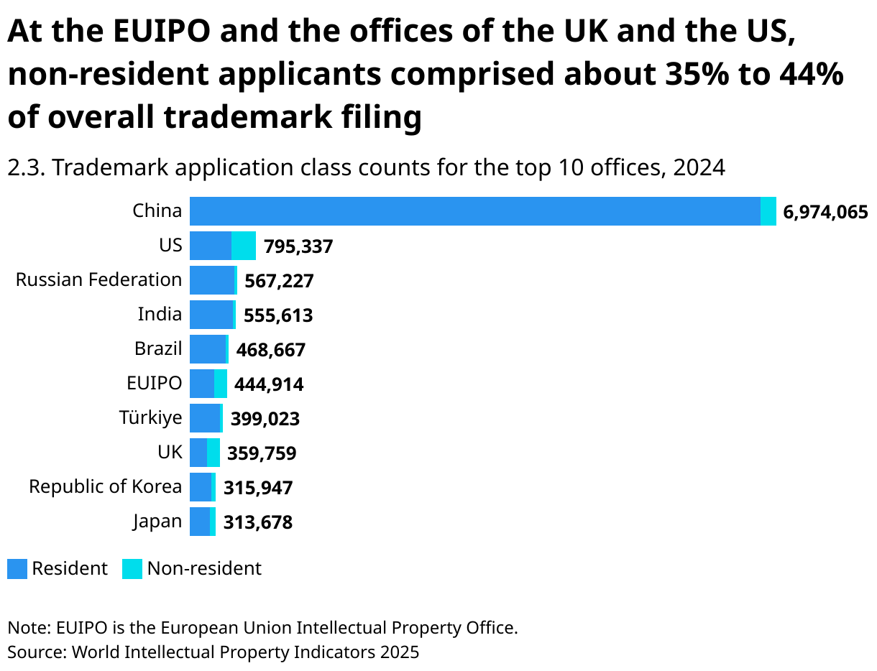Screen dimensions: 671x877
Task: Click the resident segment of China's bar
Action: pyautogui.click(x=474, y=211)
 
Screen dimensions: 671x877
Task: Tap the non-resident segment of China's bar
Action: pyautogui.click(x=768, y=211)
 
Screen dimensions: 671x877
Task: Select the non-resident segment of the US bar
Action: pyautogui.click(x=244, y=246)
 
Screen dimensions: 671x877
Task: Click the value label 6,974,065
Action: pyautogui.click(x=825, y=213)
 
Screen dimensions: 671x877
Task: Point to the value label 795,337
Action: pyautogui.click(x=298, y=247)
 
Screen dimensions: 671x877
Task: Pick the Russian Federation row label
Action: pyautogui.click(x=98, y=279)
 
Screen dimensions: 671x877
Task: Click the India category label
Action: pyautogui.click(x=160, y=314)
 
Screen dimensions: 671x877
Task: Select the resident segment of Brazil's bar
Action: pyautogui.click(x=208, y=349)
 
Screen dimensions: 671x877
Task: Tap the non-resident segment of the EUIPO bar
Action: pyautogui.click(x=221, y=384)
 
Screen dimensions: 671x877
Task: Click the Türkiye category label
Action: pyautogui.click(x=150, y=417)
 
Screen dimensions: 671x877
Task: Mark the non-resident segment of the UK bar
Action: pyautogui.click(x=213, y=453)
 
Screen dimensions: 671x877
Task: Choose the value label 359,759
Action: pyautogui.click(x=262, y=454)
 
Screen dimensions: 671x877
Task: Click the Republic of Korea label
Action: pyautogui.click(x=105, y=486)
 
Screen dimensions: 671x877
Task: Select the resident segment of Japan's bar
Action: pyautogui.click(x=200, y=522)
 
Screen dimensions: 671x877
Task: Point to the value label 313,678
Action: pyautogui.click(x=258, y=523)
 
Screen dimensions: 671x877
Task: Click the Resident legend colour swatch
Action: pyautogui.click(x=17, y=569)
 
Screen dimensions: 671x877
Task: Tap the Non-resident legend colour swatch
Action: pyautogui.click(x=132, y=569)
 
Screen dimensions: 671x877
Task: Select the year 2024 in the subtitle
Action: pyautogui.click(x=699, y=167)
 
